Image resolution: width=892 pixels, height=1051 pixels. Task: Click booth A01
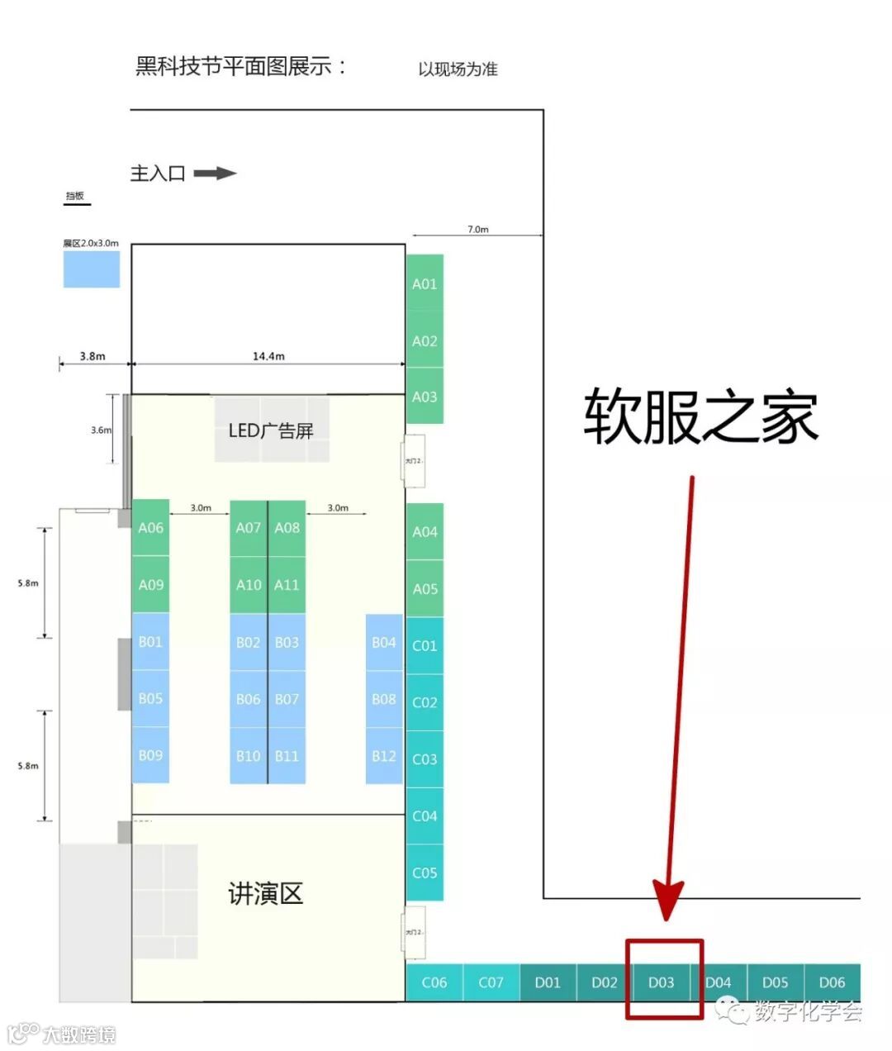click(425, 283)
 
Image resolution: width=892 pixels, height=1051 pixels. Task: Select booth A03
click(425, 397)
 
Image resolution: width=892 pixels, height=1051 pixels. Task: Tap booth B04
click(384, 642)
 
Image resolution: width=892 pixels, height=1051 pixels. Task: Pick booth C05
click(425, 873)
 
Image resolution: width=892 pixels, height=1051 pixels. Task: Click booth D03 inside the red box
click(662, 982)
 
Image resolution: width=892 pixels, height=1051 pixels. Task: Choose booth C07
click(491, 982)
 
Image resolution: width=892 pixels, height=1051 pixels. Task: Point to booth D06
click(832, 982)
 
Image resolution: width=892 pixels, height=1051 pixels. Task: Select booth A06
click(150, 527)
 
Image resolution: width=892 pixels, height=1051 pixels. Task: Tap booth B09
click(150, 755)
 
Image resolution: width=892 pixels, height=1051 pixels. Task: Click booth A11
click(287, 585)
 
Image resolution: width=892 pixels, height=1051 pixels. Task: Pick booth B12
click(384, 756)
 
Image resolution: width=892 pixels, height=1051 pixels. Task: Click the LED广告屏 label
click(271, 430)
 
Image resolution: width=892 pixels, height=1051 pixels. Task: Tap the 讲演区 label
click(266, 893)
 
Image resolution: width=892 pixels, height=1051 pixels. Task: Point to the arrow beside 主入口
click(215, 174)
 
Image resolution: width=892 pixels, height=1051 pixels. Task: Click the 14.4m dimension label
click(268, 356)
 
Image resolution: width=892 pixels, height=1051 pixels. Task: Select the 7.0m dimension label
click(478, 229)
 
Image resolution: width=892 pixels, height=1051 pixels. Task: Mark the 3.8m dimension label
click(93, 356)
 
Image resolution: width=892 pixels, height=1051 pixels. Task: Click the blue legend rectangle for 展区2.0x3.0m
click(92, 269)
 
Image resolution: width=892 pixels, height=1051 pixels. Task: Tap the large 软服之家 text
click(700, 416)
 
